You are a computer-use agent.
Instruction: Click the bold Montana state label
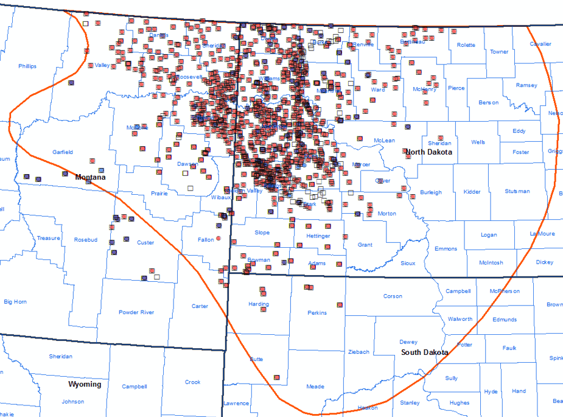click(90, 177)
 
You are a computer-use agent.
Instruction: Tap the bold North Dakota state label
click(428, 152)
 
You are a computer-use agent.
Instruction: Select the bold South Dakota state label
click(425, 352)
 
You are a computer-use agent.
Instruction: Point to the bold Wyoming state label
click(85, 385)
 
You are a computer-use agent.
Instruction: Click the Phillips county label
click(27, 66)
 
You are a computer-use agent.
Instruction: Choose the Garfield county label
click(62, 152)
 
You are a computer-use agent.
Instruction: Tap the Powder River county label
click(136, 312)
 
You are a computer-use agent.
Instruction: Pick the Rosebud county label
click(85, 240)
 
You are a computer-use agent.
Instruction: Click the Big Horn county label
click(15, 301)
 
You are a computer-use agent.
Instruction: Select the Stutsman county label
click(517, 192)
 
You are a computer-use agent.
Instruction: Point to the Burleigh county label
click(431, 193)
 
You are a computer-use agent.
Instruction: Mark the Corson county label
click(393, 296)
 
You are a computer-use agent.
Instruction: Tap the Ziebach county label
click(358, 352)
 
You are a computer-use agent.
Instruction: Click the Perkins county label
click(317, 313)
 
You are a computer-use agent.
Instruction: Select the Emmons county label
click(446, 248)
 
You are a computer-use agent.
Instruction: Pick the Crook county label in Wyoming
click(192, 382)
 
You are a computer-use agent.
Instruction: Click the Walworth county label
click(460, 319)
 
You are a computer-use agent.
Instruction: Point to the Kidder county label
click(472, 192)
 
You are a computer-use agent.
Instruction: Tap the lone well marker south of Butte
click(277, 377)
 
